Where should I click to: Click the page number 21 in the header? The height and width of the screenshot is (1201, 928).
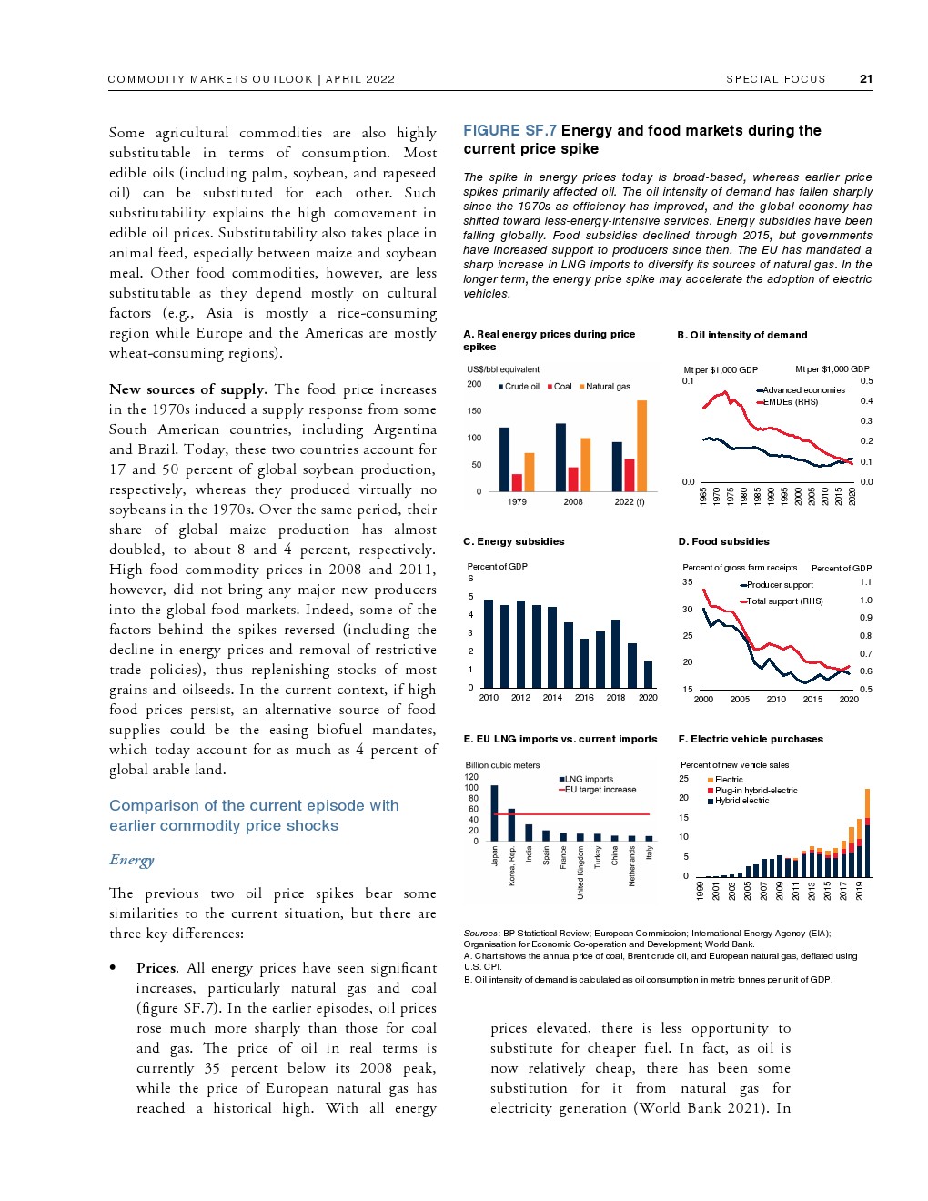tap(865, 79)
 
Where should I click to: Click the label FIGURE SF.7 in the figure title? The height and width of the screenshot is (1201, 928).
tap(509, 131)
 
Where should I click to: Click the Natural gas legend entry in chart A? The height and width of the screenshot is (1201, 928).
tap(607, 387)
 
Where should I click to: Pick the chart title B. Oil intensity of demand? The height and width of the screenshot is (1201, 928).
tap(742, 335)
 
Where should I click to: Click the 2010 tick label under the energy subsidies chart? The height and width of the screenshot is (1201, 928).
tap(489, 698)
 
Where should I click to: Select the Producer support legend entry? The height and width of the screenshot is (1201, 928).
tap(779, 585)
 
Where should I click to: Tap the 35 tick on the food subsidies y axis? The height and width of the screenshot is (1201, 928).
tap(688, 582)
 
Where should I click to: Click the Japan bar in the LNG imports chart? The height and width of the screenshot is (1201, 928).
tap(494, 813)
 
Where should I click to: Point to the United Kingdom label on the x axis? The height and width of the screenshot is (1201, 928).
tap(580, 873)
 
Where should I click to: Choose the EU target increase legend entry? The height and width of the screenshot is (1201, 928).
tap(600, 790)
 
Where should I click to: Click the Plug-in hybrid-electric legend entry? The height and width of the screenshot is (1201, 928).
tap(755, 791)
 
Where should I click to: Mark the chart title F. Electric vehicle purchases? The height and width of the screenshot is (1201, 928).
tap(751, 739)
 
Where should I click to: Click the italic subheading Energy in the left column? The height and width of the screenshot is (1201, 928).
tap(132, 860)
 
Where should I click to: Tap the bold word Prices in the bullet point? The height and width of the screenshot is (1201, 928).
tap(156, 968)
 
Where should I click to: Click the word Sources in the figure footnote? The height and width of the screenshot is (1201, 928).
tap(480, 933)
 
